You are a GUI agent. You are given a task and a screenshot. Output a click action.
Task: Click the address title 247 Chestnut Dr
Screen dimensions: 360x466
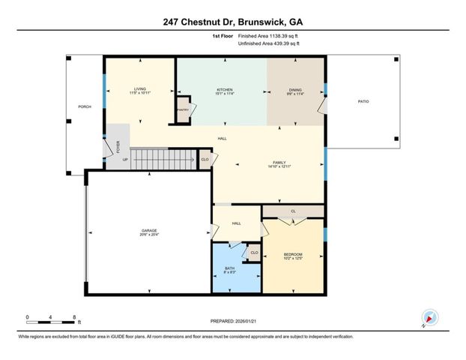[x=232, y=22]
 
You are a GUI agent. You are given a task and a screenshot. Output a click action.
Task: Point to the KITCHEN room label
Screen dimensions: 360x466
[x=221, y=88]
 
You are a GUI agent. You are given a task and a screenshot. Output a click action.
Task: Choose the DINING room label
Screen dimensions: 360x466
[x=295, y=88]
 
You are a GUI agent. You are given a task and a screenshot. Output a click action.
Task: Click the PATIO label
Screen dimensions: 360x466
[x=363, y=101]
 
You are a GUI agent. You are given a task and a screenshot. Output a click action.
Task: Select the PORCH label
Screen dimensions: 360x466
[x=85, y=106]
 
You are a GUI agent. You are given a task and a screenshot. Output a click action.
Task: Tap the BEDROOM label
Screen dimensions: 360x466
[x=292, y=255]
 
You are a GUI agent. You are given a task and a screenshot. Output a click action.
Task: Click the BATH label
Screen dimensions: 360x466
[x=230, y=268]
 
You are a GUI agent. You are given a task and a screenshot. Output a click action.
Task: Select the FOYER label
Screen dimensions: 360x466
[x=116, y=145]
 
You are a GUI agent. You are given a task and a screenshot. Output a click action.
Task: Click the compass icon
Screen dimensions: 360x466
[x=429, y=317]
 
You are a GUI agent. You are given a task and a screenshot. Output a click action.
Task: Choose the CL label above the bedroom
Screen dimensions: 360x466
[x=293, y=211]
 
